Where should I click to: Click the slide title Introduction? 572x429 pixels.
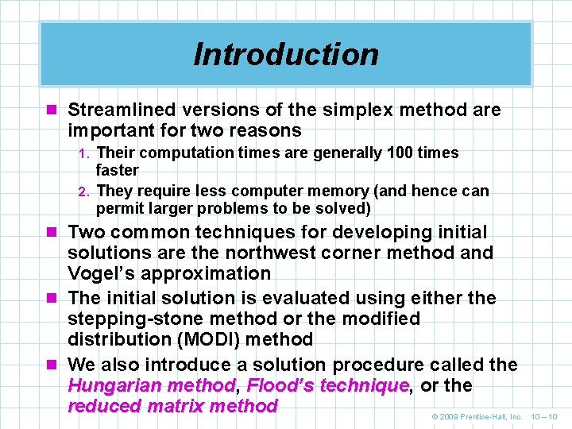coord(286,54)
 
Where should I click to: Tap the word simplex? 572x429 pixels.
coord(339,110)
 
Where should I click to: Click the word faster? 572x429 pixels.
coord(117,170)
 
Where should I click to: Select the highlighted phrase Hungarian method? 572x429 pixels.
coord(152,386)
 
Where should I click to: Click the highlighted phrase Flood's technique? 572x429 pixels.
coord(328,386)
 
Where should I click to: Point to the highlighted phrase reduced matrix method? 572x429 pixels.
coord(172,407)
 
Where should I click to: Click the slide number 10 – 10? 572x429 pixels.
coord(543,416)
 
